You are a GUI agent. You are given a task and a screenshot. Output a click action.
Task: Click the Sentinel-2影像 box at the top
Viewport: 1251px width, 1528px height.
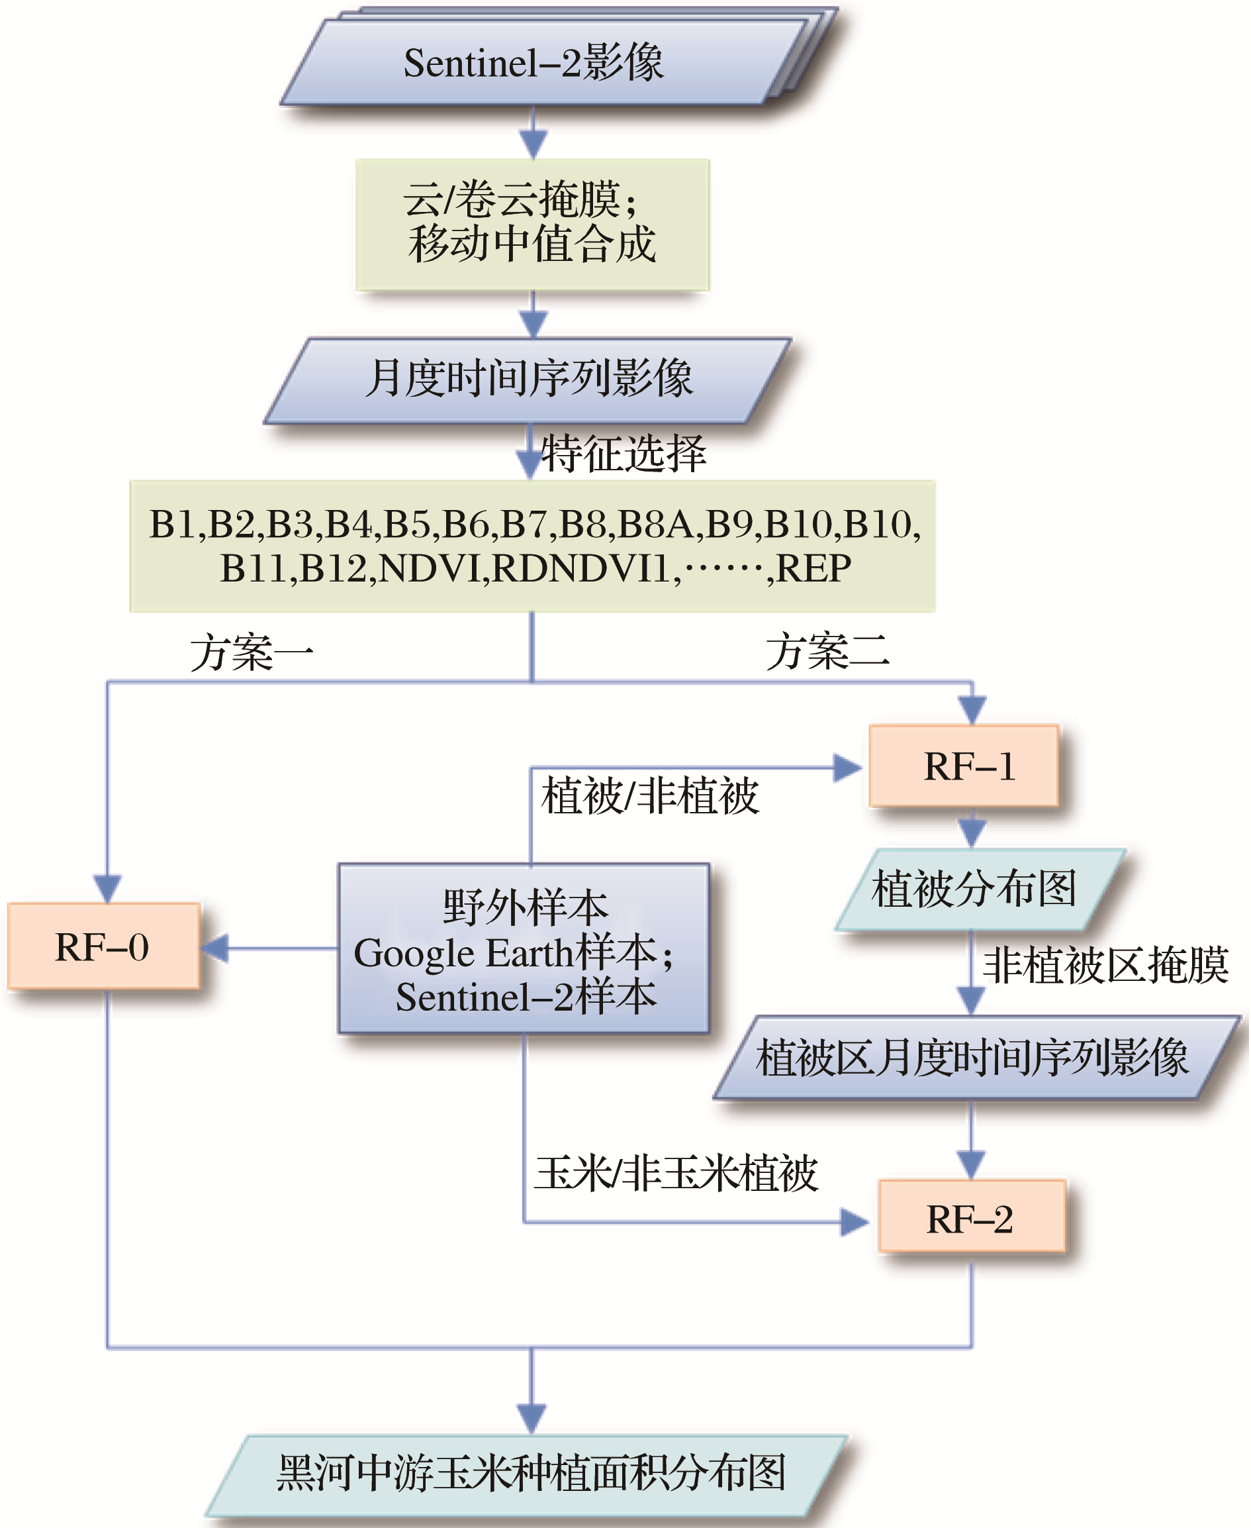(x=533, y=64)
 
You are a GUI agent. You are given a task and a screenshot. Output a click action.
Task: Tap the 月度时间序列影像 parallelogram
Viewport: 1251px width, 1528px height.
(x=528, y=380)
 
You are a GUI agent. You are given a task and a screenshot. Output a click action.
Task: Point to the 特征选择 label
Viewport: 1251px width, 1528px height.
(x=624, y=454)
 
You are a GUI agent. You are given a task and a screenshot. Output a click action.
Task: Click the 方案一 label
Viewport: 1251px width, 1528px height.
(x=252, y=653)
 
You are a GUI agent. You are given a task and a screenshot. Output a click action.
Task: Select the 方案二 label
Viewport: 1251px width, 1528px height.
(x=827, y=652)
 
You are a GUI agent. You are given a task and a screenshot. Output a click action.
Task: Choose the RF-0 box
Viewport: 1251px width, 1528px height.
(x=103, y=946)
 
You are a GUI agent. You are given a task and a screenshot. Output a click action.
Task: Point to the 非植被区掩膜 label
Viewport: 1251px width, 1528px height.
(x=1105, y=966)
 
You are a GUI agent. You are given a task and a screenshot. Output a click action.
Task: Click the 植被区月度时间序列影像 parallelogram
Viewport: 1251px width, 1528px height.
(x=973, y=1058)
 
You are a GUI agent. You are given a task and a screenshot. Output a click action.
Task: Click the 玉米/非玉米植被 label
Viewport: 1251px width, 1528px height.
(x=676, y=1173)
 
